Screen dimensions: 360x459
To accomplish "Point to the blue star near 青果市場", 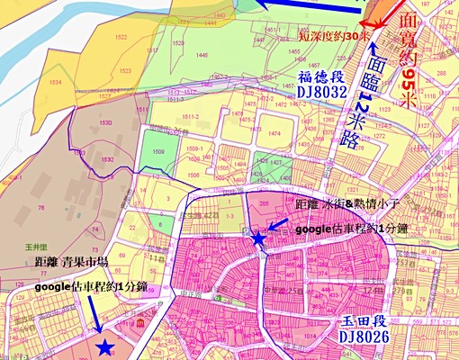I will click(104, 347).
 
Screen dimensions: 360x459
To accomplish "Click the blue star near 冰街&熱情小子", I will click(259, 239).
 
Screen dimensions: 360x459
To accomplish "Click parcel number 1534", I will click(56, 83).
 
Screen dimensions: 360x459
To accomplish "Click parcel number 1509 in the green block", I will click(158, 153).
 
